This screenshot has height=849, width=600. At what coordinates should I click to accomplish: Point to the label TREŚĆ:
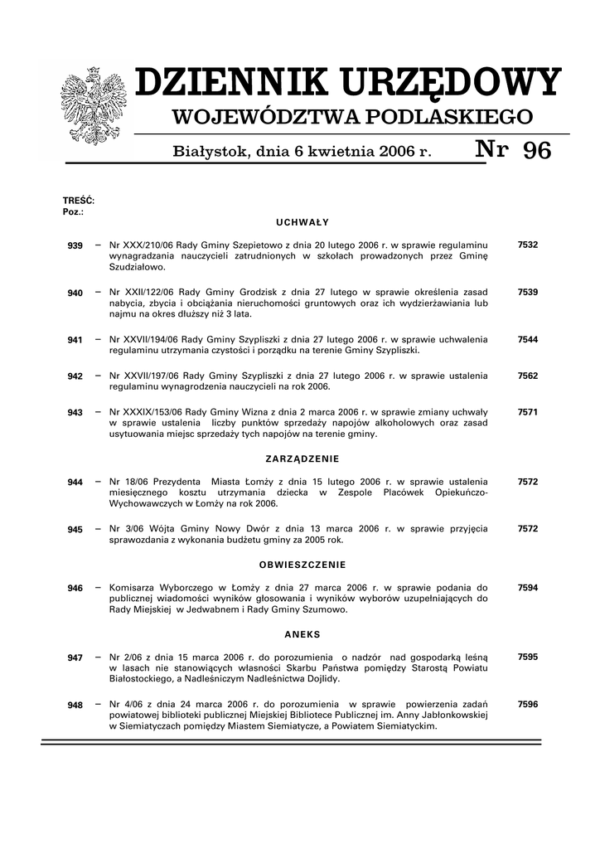[79, 201]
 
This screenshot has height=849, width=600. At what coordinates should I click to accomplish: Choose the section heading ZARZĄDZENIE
[302, 458]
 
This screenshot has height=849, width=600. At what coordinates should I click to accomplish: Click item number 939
[75, 246]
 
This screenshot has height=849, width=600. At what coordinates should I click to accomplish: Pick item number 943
[75, 413]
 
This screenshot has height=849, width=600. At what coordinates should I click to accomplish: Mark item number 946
[75, 589]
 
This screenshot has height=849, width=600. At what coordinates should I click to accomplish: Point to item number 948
[75, 705]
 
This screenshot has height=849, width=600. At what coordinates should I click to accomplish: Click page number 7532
[528, 245]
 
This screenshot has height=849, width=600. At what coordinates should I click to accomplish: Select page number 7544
[528, 339]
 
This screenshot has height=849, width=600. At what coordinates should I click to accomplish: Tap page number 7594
[528, 588]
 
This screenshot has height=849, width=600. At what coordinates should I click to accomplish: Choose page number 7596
[528, 704]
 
